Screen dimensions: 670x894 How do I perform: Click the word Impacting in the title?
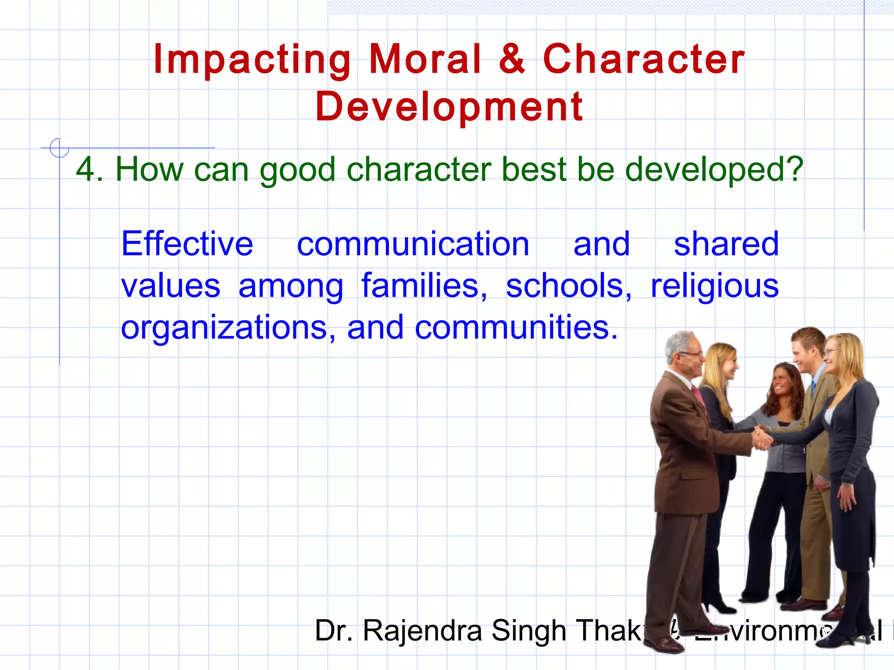click(252, 60)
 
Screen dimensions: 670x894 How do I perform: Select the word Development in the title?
click(449, 107)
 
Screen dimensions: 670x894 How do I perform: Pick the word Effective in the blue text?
click(187, 244)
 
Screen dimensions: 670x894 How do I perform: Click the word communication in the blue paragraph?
click(413, 244)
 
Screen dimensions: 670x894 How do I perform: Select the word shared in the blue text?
click(726, 244)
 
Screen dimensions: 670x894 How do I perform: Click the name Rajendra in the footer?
click(422, 631)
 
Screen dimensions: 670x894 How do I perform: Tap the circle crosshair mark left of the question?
click(59, 148)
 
